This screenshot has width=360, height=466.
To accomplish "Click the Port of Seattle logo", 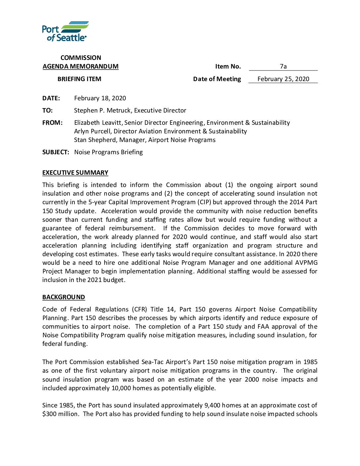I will [65, 31].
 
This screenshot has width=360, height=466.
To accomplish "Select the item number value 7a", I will [283, 67].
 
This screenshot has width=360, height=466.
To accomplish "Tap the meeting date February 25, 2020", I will [283, 79].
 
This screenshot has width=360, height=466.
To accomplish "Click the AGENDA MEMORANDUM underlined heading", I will [80, 67].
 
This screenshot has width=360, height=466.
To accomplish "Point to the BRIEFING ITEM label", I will [79, 79].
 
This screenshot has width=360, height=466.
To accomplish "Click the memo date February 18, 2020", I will [100, 98].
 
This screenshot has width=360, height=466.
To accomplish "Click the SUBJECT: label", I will [56, 152].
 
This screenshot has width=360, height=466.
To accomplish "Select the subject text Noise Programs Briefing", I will [109, 152].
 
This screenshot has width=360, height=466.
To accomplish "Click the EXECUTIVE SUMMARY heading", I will [75, 173].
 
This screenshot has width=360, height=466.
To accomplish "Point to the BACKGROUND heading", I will [64, 297].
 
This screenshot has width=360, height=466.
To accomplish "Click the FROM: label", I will [52, 123].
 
